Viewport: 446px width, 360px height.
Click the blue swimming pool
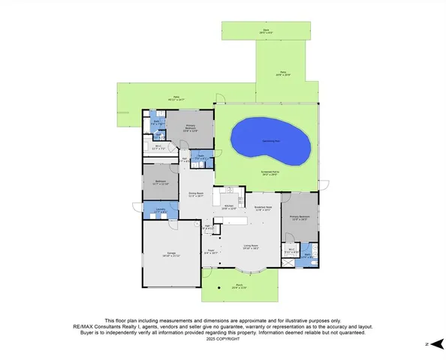click(x=270, y=142)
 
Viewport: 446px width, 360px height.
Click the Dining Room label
click(x=196, y=193)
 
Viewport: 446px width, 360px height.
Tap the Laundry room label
click(x=160, y=211)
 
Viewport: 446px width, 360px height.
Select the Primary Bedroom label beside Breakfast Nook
click(x=299, y=218)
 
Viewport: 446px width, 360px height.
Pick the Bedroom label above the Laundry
click(x=161, y=182)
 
